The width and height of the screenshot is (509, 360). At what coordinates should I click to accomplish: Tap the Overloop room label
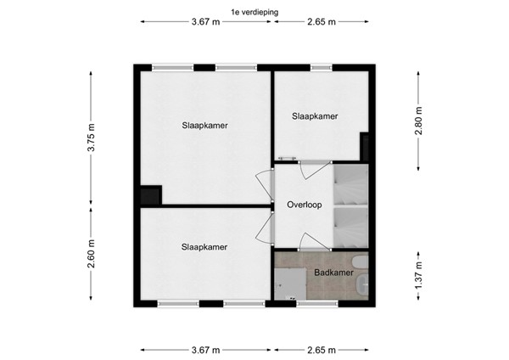pos(304,205)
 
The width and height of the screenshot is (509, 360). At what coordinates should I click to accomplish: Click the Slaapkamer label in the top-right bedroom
pos(315,116)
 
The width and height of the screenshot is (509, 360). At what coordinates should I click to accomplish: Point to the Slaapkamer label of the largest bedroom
pos(204,125)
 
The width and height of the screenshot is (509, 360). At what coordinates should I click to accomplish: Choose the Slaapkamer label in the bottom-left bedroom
pos(204,247)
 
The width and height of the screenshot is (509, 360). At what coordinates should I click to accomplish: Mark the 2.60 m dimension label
pos(92,255)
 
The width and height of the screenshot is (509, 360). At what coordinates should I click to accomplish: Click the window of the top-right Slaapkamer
pos(323,67)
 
